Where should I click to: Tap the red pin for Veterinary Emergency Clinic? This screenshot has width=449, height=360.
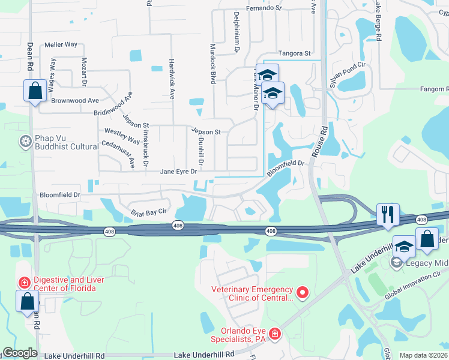[302, 293]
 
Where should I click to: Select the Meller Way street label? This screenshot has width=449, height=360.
[61, 44]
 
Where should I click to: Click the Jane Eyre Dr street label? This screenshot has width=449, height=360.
[178, 172]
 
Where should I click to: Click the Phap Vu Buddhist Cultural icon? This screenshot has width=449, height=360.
[25, 142]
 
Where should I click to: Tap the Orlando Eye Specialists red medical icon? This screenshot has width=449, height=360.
[274, 333]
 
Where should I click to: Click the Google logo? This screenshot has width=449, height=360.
[20, 353]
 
